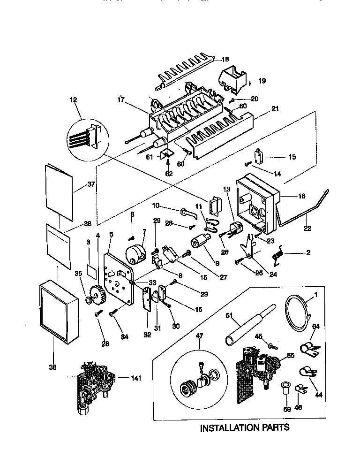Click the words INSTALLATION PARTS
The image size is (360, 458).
point(245,427)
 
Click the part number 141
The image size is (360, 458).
point(123,378)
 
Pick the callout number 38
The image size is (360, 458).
point(52,367)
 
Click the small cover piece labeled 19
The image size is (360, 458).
point(233,77)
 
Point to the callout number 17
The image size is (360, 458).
point(121,99)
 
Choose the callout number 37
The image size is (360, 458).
point(91,184)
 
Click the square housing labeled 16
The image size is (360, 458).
point(255,202)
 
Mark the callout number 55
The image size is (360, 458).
point(290,356)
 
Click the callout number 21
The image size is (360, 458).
point(275,109)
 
